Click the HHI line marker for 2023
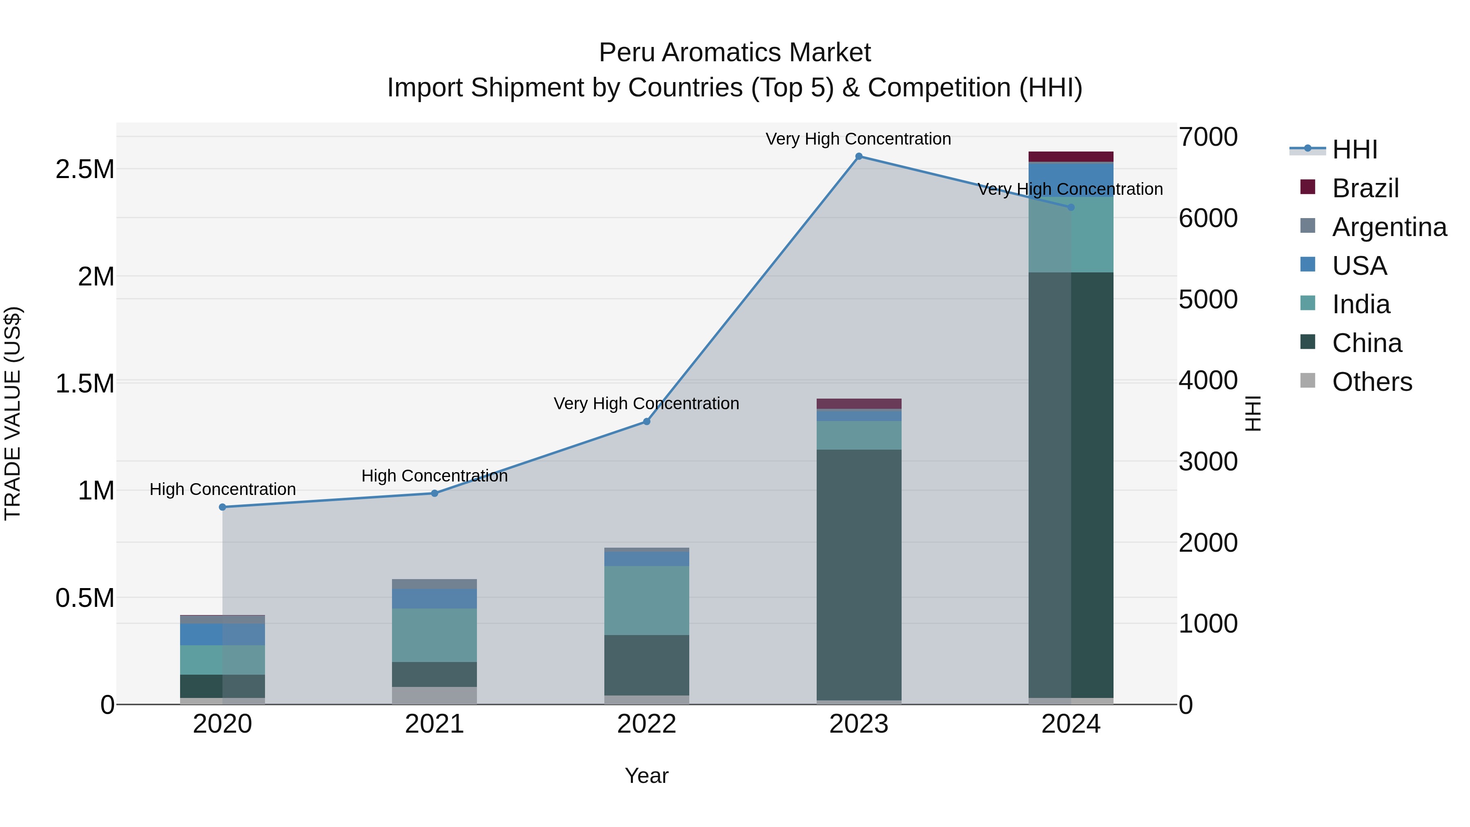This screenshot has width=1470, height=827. [858, 156]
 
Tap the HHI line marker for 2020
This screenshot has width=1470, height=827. [223, 507]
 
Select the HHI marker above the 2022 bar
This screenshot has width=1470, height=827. [646, 422]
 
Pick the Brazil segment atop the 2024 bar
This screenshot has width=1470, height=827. [1071, 157]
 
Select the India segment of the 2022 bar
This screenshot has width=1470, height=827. [646, 600]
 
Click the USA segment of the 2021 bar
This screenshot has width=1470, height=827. [434, 599]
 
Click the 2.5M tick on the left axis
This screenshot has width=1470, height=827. [85, 169]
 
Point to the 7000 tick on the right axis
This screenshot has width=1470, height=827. [1208, 137]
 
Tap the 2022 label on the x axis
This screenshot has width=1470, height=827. [646, 724]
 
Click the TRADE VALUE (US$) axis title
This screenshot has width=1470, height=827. [13, 413]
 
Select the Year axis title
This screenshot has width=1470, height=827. [646, 776]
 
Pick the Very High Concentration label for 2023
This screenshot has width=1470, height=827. [858, 139]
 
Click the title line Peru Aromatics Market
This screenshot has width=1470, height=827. [735, 53]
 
